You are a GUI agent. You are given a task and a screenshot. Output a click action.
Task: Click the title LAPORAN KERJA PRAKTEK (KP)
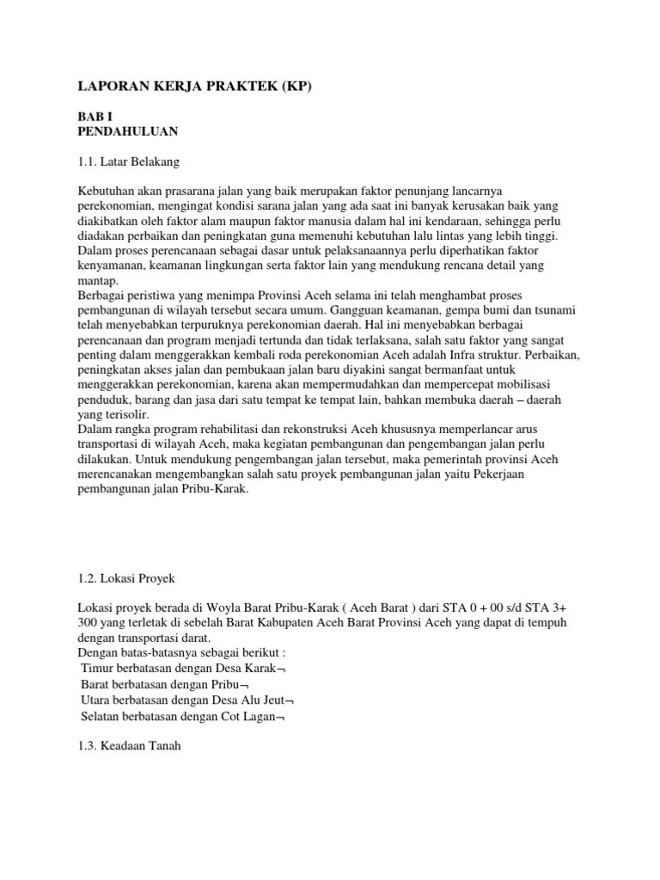pyautogui.click(x=183, y=87)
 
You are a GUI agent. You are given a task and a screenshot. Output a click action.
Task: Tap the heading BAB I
pyautogui.click(x=94, y=117)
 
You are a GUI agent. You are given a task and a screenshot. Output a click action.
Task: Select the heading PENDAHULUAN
pyautogui.click(x=128, y=131)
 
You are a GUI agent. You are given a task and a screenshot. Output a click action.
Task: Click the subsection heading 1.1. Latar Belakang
pyautogui.click(x=129, y=161)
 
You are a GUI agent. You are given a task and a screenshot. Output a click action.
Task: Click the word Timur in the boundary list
pyautogui.click(x=98, y=668)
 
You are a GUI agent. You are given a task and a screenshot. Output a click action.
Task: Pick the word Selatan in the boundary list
pyautogui.click(x=102, y=715)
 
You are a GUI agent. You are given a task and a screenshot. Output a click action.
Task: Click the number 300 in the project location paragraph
pyautogui.click(x=88, y=622)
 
